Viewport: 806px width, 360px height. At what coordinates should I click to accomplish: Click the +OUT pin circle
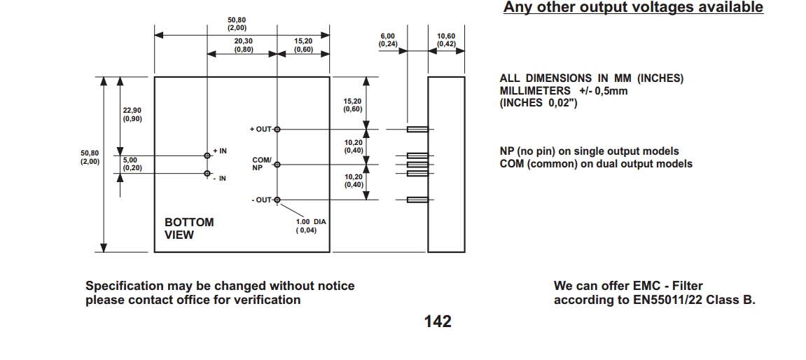(277, 130)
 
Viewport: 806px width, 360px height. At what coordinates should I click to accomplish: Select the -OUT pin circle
(277, 200)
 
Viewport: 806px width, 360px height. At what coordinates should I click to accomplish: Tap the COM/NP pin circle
(277, 165)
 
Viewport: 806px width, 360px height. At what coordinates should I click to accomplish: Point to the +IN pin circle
(207, 155)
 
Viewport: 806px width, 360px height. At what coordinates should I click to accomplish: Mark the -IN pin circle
(207, 173)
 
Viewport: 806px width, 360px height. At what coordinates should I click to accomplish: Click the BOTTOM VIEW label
(189, 228)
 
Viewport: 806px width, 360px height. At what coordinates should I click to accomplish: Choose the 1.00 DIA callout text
(311, 226)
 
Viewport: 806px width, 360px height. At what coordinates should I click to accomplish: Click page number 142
(438, 321)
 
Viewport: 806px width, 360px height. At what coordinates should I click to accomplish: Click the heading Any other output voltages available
(633, 8)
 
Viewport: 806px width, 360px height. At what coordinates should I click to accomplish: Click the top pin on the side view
(418, 130)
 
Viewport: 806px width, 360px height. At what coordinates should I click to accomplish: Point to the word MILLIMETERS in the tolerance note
(535, 91)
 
